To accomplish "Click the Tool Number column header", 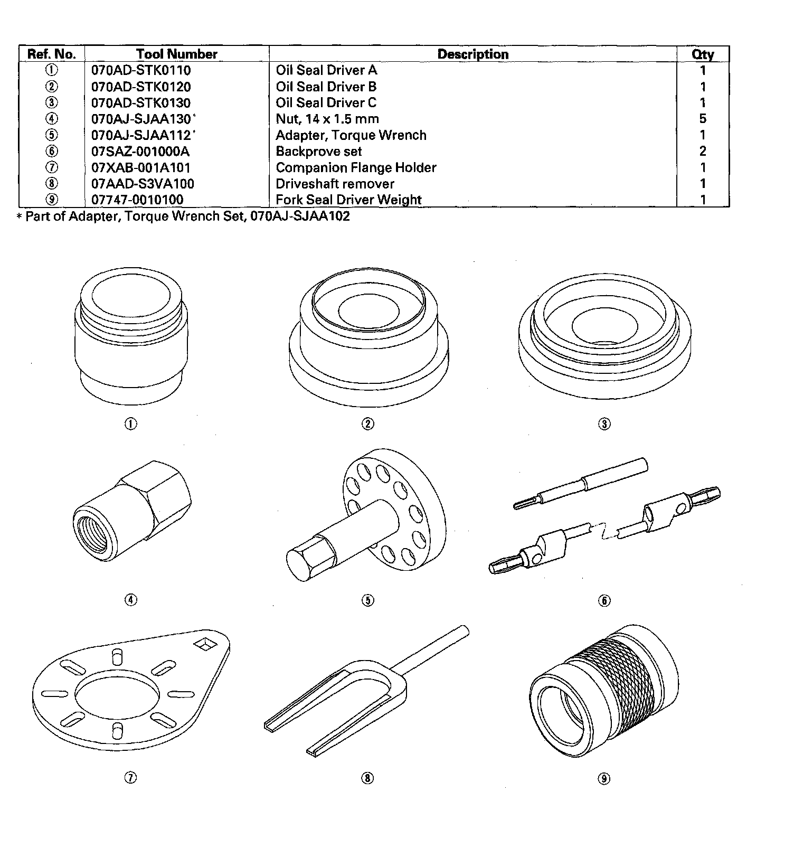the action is click(x=176, y=54).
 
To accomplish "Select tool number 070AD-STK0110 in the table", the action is click(x=141, y=70).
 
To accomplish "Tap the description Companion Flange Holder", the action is click(x=356, y=167).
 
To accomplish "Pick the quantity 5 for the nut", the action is click(x=703, y=119).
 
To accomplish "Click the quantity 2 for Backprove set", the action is click(x=703, y=152).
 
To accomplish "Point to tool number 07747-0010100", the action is click(x=137, y=200).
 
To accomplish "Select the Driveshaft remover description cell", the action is click(x=335, y=184).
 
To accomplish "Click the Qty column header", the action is click(x=703, y=54).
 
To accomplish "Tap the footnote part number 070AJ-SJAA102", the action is click(x=300, y=216).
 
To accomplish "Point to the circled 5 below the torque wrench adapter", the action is click(x=368, y=600).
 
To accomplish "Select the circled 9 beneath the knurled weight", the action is click(x=604, y=778).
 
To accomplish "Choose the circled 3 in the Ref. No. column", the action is click(x=52, y=103).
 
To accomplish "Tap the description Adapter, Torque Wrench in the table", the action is click(x=351, y=135).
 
